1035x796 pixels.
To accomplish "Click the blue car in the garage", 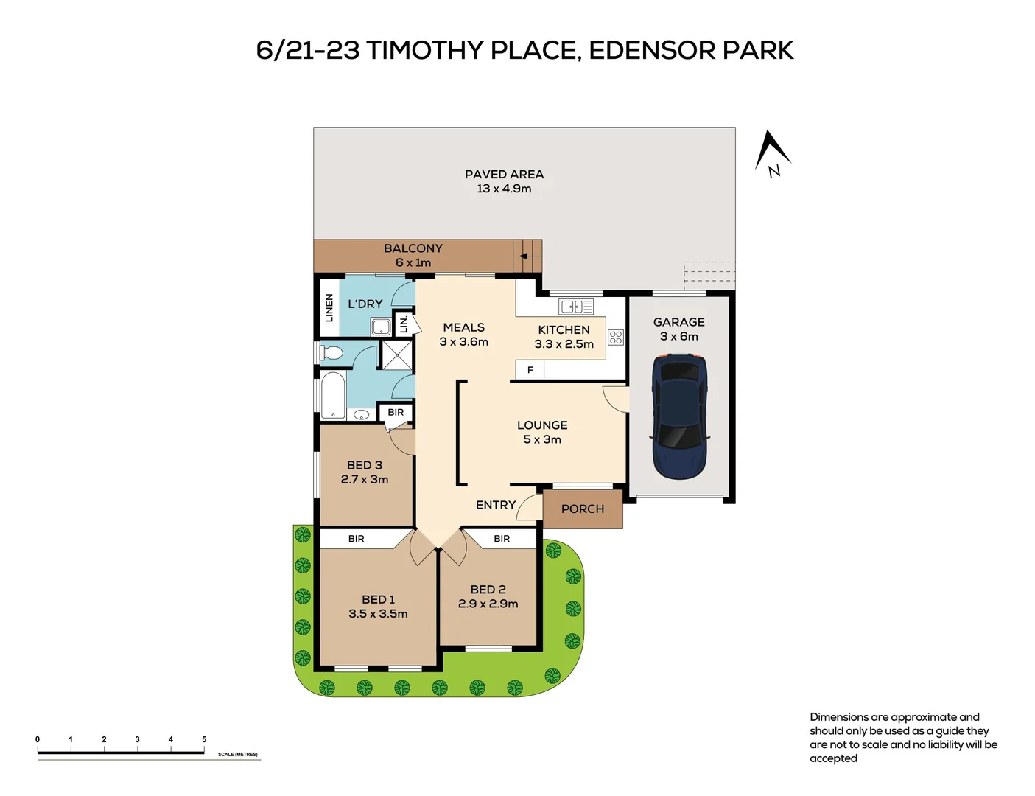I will point(679,416).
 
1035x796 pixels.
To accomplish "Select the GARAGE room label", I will point(678,322).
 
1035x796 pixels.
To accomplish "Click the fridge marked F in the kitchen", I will point(530,370).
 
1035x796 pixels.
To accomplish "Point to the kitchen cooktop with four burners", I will point(616,338).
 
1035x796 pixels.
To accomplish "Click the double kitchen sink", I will point(576,307).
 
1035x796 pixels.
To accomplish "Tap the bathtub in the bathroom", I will point(333,396).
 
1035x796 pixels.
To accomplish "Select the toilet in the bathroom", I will point(331,353).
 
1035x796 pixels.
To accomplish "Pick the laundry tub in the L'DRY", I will point(381,327).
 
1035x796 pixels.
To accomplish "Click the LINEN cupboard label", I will point(329,307).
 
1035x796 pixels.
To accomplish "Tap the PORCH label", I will point(582,509).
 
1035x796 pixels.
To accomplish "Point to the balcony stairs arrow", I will point(524,256).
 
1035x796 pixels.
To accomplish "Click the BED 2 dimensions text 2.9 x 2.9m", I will point(488,604).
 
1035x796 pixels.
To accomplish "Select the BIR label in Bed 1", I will point(356,539).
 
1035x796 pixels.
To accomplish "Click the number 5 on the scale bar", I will point(204,739).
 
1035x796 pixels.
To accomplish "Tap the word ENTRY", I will point(495,505).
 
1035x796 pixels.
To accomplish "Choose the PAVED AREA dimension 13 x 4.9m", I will point(504,189).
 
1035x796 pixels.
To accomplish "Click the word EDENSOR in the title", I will point(652,50).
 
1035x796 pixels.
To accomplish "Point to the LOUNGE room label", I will point(542,425).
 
